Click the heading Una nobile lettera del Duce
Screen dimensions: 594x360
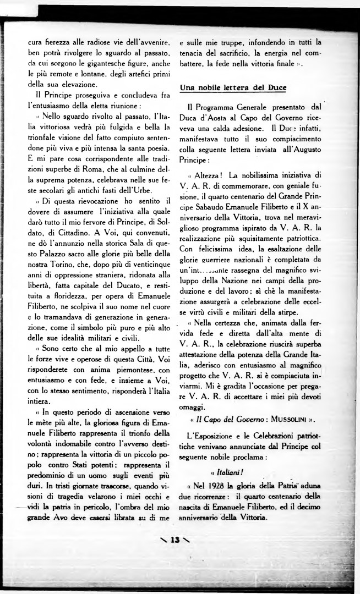[233, 88]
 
